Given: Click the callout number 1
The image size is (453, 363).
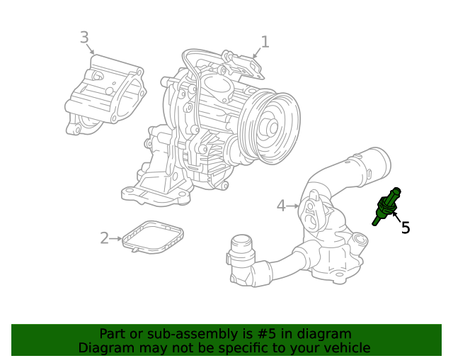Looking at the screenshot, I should pyautogui.click(x=265, y=42).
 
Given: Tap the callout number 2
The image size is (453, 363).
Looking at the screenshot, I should pyautogui.click(x=104, y=238).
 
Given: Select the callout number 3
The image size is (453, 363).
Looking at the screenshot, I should pyautogui.click(x=84, y=37).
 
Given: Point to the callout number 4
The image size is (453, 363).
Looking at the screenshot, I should pyautogui.click(x=281, y=206).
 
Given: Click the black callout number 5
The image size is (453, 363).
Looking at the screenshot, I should pyautogui.click(x=406, y=228).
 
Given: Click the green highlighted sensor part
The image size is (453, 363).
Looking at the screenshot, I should pyautogui.click(x=386, y=206).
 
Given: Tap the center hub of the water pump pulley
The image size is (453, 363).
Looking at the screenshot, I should pyautogui.click(x=271, y=127).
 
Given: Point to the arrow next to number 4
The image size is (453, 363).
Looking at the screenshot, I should pyautogui.click(x=293, y=206).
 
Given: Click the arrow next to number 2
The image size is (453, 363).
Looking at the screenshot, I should pyautogui.click(x=116, y=238).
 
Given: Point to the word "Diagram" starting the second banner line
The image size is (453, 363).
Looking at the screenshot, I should pyautogui.click(x=104, y=348).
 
